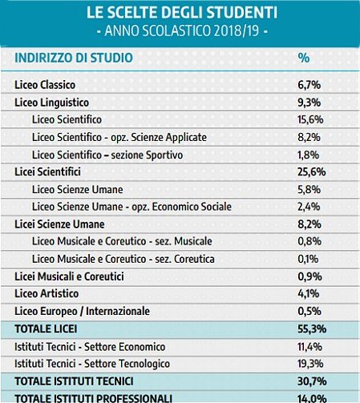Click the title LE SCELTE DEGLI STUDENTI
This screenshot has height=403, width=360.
coord(182,12)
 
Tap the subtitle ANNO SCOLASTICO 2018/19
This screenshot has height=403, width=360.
coord(182,30)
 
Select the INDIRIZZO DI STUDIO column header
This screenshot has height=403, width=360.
coord(74,58)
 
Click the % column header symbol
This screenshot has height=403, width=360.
coord(304,58)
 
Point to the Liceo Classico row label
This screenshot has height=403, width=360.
coord(45,85)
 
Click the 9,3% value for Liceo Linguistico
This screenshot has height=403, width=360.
coord(309,103)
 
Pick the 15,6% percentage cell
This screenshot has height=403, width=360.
coord(310,119)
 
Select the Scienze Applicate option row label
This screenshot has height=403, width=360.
coord(119,137)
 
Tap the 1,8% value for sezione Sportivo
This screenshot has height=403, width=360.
coord(309,155)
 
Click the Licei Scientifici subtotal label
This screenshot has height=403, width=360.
coord(47,171)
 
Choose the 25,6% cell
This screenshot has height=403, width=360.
coord(312,171)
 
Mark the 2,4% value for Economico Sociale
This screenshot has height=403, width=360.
coord(309,207)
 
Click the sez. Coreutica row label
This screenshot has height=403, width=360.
coord(123,259)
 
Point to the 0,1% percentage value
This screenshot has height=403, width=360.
coord(308,259)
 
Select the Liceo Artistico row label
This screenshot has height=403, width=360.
coord(47,293)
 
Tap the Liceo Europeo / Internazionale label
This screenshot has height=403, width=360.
coord(82,311)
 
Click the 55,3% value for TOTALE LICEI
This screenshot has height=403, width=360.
coord(312,328)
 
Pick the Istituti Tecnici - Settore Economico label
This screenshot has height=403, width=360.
coord(90,347)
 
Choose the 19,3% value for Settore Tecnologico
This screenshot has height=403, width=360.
coord(310,364)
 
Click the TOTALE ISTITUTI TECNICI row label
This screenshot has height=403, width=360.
coord(74,381)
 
